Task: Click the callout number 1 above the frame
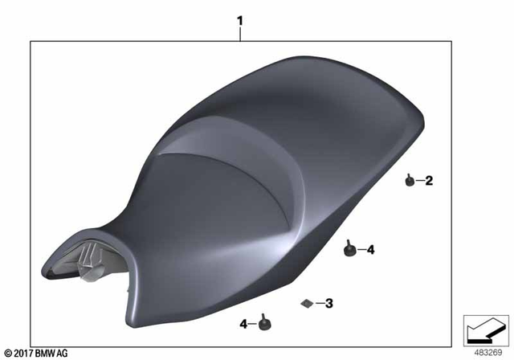(239, 18)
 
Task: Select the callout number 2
(429, 181)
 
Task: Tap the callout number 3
(329, 303)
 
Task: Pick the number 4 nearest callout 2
(370, 250)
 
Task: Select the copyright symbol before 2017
(9, 352)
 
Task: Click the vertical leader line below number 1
(239, 34)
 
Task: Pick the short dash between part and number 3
(319, 303)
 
